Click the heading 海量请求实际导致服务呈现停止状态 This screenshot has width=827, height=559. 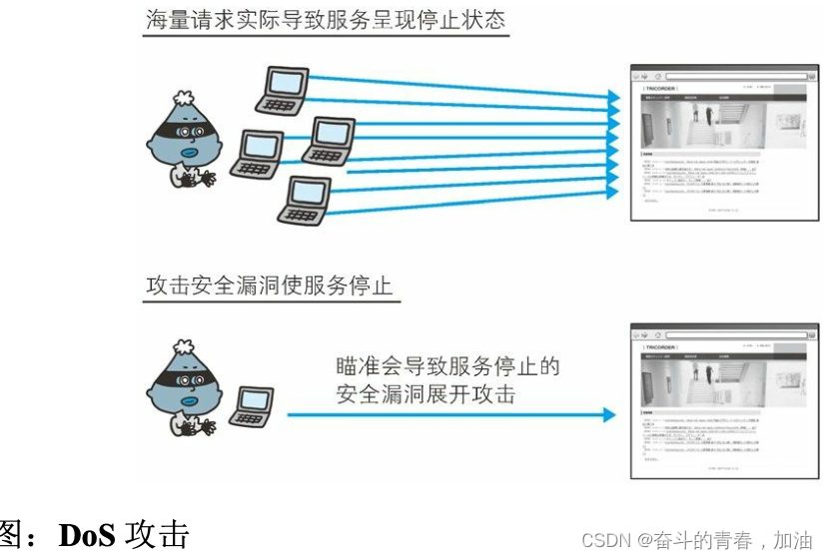pyautogui.click(x=326, y=21)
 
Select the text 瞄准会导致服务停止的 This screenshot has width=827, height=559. pyautogui.click(x=446, y=366)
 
